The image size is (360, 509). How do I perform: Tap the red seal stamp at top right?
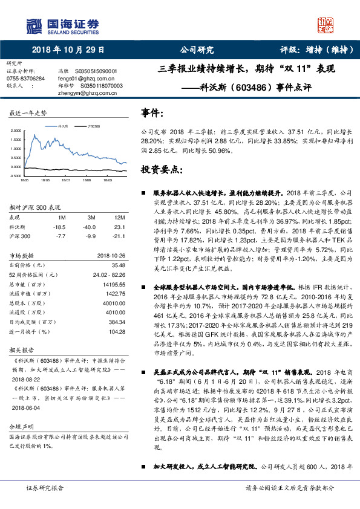325,27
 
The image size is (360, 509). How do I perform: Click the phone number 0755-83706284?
25,79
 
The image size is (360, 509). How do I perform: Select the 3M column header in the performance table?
91,216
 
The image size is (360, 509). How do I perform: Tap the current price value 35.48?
117,264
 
